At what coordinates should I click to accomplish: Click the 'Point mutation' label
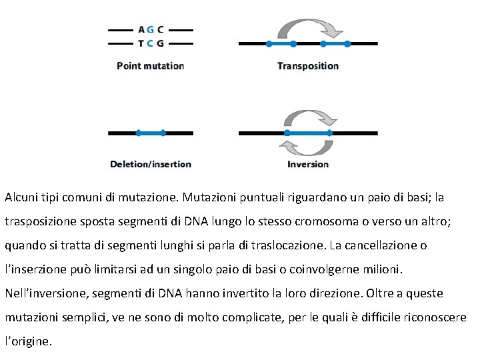pos(150,66)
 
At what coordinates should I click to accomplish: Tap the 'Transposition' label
pos(307,66)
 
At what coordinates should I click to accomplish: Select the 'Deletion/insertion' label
pos(151,164)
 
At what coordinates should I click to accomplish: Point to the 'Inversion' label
pos(308,164)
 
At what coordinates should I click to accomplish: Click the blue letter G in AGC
pos(151,29)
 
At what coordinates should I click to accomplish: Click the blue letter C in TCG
pos(151,43)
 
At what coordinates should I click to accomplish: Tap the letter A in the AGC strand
pos(141,29)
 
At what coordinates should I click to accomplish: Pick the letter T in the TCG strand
pos(141,43)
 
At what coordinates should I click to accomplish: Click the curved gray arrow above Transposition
pos(309,27)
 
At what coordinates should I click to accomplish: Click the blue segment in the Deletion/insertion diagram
pos(151,133)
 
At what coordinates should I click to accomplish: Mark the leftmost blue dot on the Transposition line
pos(269,44)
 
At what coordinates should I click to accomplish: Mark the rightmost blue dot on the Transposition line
pos(347,44)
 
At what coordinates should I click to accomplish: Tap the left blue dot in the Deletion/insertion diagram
pos(138,133)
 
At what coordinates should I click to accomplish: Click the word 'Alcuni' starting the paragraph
pos(21,197)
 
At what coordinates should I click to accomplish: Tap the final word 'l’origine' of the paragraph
pos(27,341)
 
